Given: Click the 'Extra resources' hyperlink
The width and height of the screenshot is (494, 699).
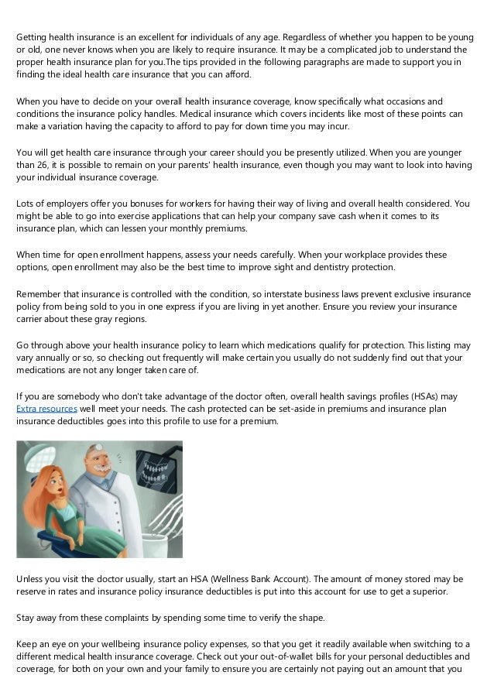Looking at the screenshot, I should point(46,408).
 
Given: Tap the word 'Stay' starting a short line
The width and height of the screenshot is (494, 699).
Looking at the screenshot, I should point(27,617).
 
